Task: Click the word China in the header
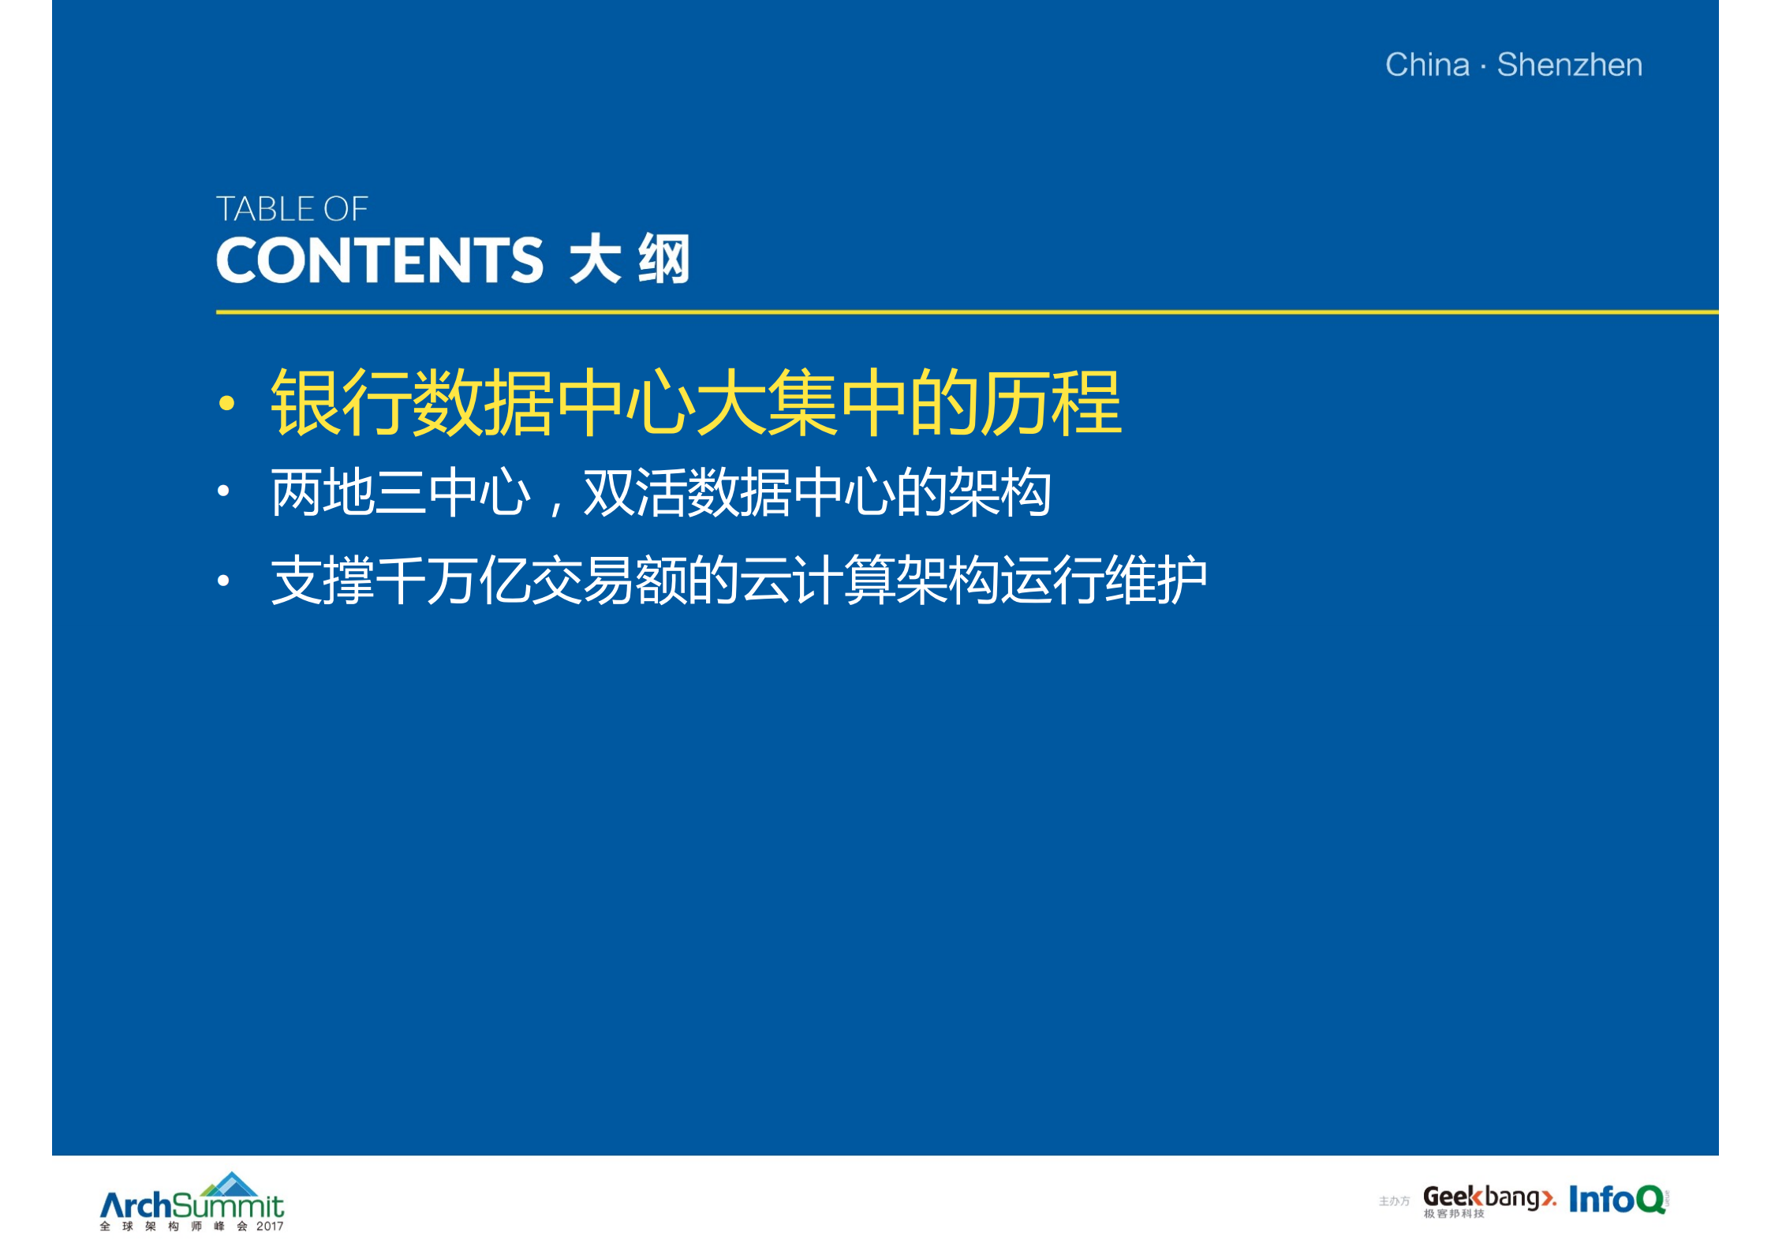(x=1427, y=65)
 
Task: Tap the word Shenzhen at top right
(x=1569, y=65)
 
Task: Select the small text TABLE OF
(x=292, y=209)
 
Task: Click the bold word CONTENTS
(x=379, y=260)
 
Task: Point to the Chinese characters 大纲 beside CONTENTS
(x=630, y=259)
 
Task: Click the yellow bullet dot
(x=227, y=404)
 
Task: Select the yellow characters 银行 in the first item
(x=341, y=402)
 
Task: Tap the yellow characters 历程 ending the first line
(x=1051, y=402)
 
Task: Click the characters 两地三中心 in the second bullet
(x=401, y=492)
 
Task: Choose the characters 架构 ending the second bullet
(x=999, y=492)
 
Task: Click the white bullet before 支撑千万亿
(x=224, y=581)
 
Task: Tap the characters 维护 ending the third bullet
(x=1155, y=580)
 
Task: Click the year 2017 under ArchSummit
(x=269, y=1227)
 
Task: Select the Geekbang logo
(x=1488, y=1200)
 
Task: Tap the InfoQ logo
(x=1617, y=1200)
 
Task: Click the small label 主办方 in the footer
(x=1394, y=1201)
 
